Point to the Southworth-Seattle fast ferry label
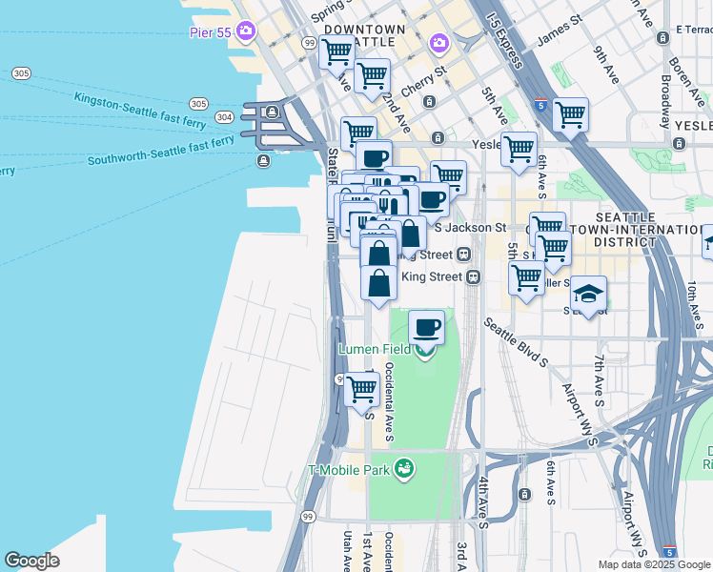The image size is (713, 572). click(161, 151)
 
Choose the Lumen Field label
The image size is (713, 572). click(375, 349)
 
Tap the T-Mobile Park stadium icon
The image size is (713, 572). click(406, 468)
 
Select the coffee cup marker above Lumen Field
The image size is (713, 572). click(426, 327)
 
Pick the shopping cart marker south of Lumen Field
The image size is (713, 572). click(361, 388)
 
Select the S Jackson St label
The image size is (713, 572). click(470, 228)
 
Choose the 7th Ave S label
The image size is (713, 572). click(600, 376)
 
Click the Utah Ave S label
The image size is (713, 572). click(346, 552)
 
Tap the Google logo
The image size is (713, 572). click(31, 561)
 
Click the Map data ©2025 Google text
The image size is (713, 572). click(653, 564)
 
